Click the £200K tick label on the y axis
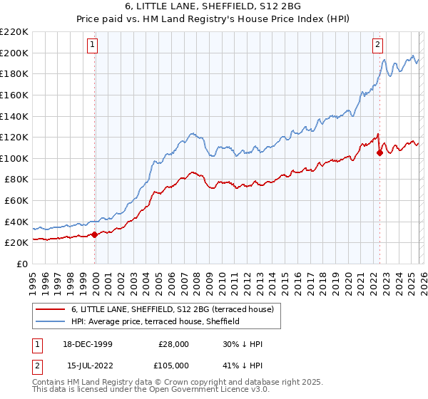tap(14, 53)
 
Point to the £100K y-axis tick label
tap(14, 158)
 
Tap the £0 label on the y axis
tap(21, 264)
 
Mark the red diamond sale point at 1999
tap(95, 234)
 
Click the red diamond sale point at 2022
tap(379, 152)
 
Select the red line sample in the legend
tap(51, 309)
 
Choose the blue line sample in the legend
tap(51, 321)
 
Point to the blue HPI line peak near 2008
tap(191, 133)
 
